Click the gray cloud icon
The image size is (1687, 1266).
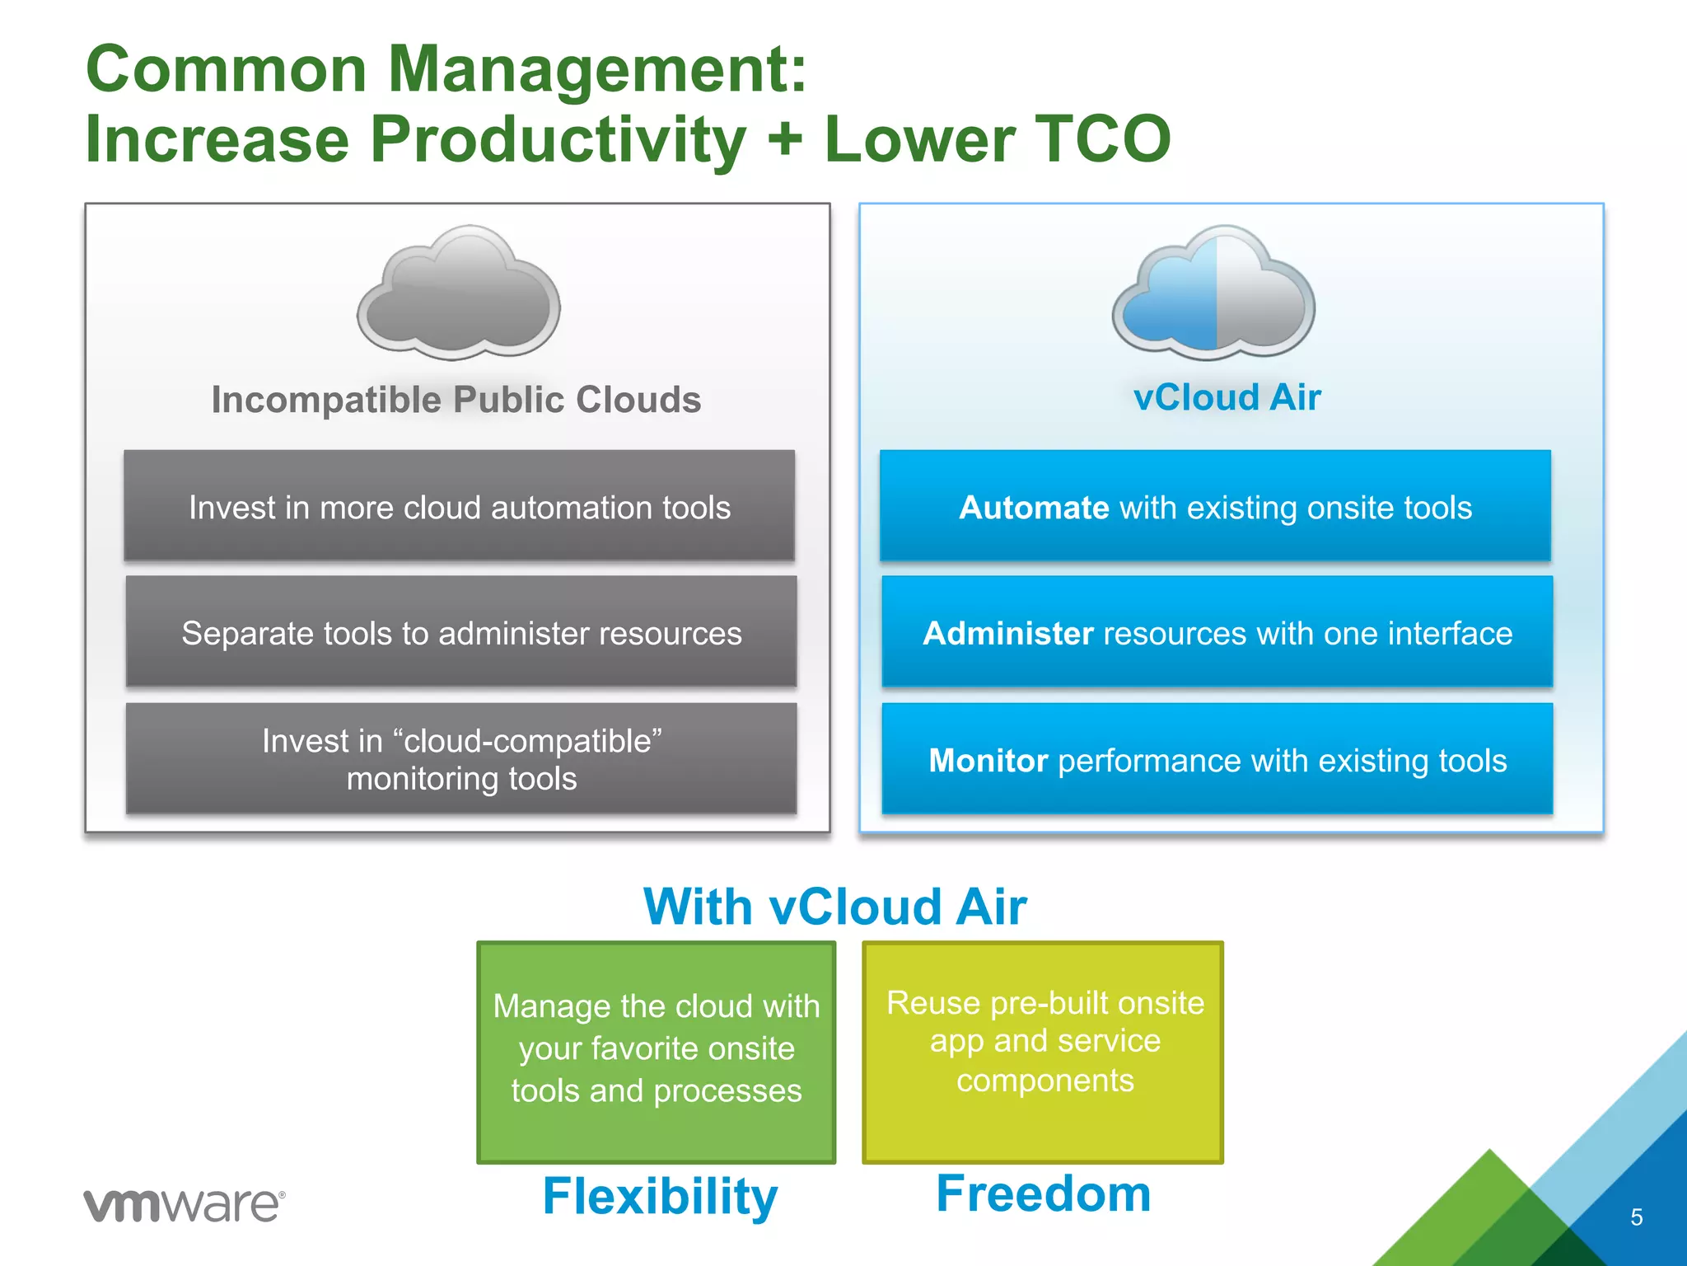click(x=459, y=294)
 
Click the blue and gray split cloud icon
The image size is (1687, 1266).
click(x=1213, y=294)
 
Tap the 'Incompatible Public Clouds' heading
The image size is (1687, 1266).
click(x=456, y=400)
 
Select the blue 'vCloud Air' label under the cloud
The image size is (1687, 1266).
click(x=1227, y=397)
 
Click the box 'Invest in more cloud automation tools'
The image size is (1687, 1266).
click(x=459, y=506)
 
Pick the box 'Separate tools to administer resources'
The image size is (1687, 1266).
click(x=460, y=632)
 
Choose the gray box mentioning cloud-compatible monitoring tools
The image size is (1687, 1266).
click(x=460, y=759)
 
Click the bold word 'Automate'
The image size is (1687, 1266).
click(x=1034, y=508)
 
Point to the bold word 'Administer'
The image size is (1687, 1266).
click(x=1007, y=633)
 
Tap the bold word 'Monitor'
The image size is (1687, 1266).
click(x=988, y=761)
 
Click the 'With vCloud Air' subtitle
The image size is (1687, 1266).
click(x=834, y=907)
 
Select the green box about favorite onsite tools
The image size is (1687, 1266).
click(x=656, y=1051)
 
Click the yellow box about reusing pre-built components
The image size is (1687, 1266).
click(x=1044, y=1051)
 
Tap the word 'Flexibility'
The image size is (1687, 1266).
click(x=660, y=1196)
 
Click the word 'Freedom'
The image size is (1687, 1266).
click(x=1043, y=1193)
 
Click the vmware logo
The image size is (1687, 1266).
click(x=184, y=1205)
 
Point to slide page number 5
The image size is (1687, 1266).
click(x=1636, y=1217)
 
